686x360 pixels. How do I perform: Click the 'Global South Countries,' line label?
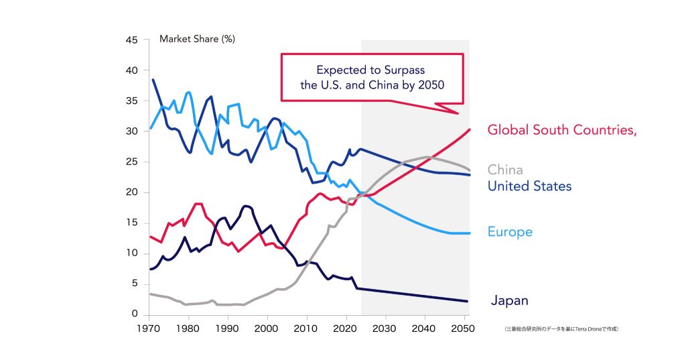point(561,130)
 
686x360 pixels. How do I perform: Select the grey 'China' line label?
point(505,170)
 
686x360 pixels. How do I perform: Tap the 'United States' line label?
point(529,186)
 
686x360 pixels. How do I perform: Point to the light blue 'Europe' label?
point(510,232)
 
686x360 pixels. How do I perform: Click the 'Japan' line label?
point(510,301)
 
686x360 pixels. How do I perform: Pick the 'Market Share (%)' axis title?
point(197,39)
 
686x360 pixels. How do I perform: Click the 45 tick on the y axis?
point(131,40)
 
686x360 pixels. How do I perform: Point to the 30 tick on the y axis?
point(131,131)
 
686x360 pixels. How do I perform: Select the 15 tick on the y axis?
point(132,223)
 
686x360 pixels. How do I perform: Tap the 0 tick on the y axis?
point(135,314)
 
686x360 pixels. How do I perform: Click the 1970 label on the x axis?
point(149,329)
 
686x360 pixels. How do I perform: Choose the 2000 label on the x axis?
point(268,329)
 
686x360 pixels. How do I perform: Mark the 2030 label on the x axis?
point(385,329)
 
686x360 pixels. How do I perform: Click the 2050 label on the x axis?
point(464,329)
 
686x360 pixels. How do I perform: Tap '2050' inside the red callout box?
point(430,85)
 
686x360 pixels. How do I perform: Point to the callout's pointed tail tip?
point(458,113)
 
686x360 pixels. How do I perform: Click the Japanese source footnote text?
point(561,329)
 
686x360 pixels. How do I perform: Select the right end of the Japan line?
point(467,302)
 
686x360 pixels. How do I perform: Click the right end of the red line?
point(469,129)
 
